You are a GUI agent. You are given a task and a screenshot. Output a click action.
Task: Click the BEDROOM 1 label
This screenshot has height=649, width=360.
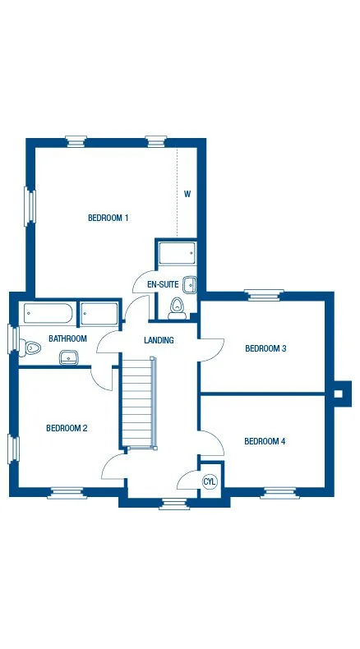tap(108, 218)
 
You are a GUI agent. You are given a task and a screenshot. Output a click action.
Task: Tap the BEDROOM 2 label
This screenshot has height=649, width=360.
tap(67, 428)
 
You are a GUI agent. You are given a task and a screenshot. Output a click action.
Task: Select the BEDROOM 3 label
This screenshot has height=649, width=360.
tap(265, 348)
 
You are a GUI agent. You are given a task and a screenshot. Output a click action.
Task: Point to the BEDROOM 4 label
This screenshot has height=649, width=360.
tap(265, 442)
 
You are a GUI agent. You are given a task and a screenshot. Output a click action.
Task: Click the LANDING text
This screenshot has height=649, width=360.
tap(159, 340)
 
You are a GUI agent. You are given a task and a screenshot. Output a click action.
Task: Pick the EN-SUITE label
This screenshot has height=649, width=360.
tap(162, 285)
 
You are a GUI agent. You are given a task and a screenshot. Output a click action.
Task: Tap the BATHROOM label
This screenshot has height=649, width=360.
tap(67, 338)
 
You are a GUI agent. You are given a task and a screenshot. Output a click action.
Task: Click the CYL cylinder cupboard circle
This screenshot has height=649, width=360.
tap(210, 482)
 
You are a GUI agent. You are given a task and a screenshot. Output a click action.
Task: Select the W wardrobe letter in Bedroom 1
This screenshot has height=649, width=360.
tap(187, 195)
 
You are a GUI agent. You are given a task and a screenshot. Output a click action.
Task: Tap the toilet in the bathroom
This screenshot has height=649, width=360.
tap(30, 348)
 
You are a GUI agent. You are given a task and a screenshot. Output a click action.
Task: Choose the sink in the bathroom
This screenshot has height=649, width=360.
tap(68, 357)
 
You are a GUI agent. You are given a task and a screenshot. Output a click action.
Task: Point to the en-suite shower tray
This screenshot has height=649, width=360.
tap(176, 253)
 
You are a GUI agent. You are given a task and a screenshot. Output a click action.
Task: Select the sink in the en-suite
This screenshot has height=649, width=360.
tap(190, 285)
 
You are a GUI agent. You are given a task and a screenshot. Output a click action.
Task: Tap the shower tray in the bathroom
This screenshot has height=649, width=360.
tap(99, 314)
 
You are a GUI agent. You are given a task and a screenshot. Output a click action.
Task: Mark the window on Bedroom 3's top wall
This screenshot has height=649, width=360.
tap(264, 294)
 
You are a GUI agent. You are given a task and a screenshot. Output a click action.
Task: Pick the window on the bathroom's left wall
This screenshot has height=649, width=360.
tap(13, 338)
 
